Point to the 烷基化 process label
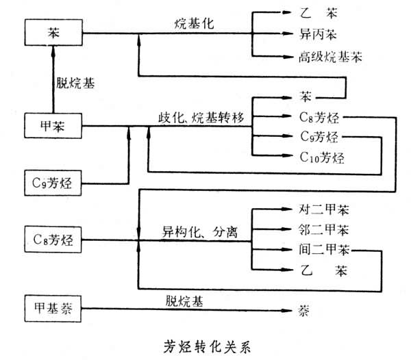[195, 23]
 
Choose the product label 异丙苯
[314, 33]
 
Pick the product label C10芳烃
[322, 157]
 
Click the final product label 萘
[304, 311]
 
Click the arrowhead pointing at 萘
[289, 311]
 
